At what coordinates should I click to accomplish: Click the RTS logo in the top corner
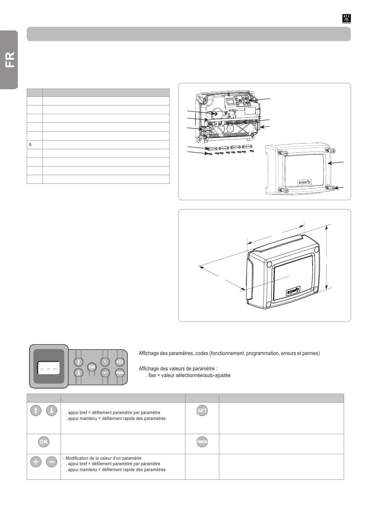click(x=346, y=19)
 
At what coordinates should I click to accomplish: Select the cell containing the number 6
click(x=35, y=144)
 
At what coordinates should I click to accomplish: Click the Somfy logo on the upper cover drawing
click(x=304, y=182)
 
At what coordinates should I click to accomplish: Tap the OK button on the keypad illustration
click(x=92, y=367)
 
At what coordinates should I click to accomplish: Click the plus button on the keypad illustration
click(x=105, y=362)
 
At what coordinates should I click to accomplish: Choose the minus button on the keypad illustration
click(x=105, y=373)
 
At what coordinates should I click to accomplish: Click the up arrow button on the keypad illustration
click(x=78, y=362)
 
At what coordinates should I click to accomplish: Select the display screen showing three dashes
click(x=48, y=368)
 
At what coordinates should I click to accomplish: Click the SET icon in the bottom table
click(x=202, y=411)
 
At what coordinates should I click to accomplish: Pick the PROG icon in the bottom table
click(x=202, y=442)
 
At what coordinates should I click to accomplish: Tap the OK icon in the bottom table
click(x=43, y=442)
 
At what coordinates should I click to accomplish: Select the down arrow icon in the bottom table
click(x=52, y=411)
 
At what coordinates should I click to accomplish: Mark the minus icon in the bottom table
click(x=52, y=462)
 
